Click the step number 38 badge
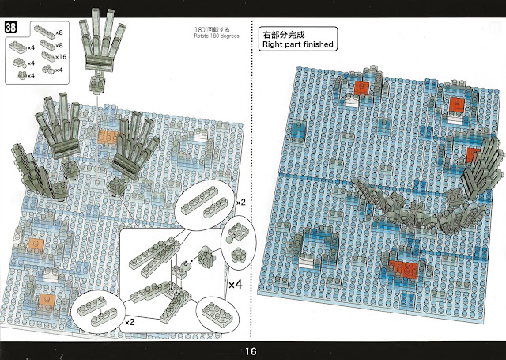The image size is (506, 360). pos(10,28)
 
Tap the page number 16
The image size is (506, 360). pos(251,351)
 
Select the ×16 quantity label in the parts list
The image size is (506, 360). pos(60,57)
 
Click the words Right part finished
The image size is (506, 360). pos(297,44)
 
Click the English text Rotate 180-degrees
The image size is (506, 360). pos(217,36)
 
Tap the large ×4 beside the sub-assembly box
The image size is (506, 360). pos(236,285)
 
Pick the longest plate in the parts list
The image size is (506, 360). pos(44,32)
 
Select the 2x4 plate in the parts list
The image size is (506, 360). pos(18,47)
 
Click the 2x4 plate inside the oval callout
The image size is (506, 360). pos(217,311)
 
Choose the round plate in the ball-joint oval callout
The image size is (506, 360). pos(239,254)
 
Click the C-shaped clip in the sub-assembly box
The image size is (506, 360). pos(185,265)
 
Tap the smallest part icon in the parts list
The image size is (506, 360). pos(22,75)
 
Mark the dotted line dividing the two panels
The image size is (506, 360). pos(251,180)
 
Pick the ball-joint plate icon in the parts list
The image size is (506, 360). pos(19,63)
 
